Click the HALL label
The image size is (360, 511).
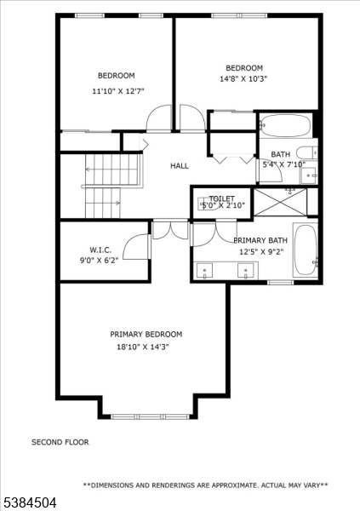click(x=179, y=166)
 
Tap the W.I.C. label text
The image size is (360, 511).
click(x=100, y=250)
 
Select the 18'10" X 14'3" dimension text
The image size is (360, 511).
click(x=146, y=347)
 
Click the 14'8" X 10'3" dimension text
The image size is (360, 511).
click(x=243, y=80)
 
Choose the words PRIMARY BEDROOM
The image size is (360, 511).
click(x=146, y=335)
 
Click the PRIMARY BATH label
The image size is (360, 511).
click(x=260, y=241)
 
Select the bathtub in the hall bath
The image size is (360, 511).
click(x=285, y=125)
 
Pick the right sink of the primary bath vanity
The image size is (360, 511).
click(x=248, y=271)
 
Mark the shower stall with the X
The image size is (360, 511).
click(x=281, y=201)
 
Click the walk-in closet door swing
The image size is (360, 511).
click(x=135, y=247)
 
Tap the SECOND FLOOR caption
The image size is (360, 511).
click(x=60, y=442)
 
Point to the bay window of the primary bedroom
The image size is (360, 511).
click(x=150, y=416)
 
